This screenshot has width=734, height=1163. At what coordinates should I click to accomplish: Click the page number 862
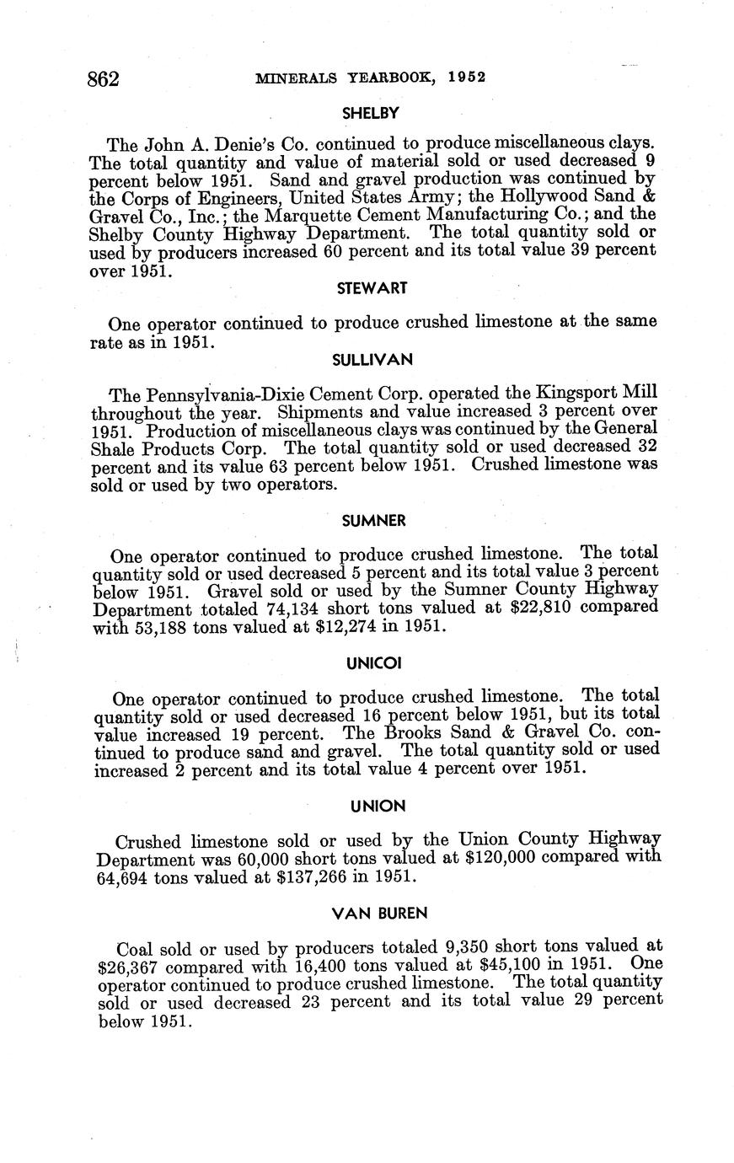click(x=105, y=79)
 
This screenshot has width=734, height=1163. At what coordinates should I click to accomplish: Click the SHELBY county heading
click(x=370, y=112)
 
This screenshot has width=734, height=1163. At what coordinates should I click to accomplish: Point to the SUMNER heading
click(x=373, y=521)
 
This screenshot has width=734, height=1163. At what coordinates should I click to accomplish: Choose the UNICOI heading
click(x=373, y=663)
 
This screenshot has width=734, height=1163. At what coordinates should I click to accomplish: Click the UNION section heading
click(x=378, y=807)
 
